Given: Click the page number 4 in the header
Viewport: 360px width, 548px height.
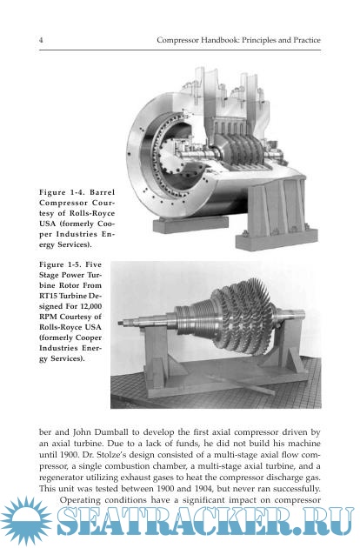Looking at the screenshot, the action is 41,40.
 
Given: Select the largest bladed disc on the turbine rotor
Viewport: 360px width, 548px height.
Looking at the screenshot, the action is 270,321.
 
